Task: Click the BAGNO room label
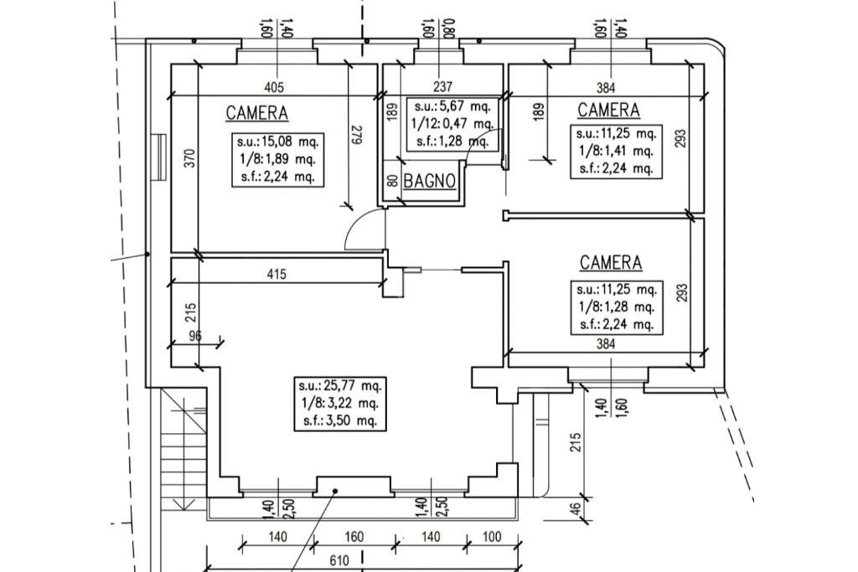point(430,180)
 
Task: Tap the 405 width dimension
point(274,86)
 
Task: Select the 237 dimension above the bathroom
point(443,86)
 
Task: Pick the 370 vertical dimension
point(189,159)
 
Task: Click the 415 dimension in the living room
point(277,274)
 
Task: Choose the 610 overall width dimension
point(339,560)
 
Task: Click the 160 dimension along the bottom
point(354,536)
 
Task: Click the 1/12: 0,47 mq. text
point(452,122)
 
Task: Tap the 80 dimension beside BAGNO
point(392,180)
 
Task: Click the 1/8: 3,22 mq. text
point(340,404)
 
